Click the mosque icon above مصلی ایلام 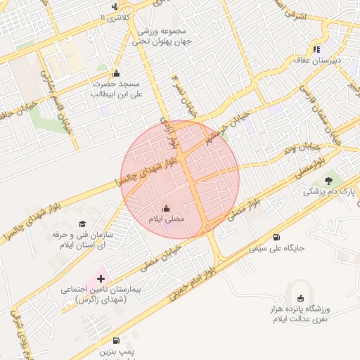coord(167,208)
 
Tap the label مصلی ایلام coord(165,220)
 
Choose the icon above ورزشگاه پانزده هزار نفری coord(302,298)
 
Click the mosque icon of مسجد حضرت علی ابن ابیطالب coord(116,74)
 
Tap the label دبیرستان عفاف coord(317,60)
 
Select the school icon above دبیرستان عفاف coord(317,49)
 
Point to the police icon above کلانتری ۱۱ coord(115,6)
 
